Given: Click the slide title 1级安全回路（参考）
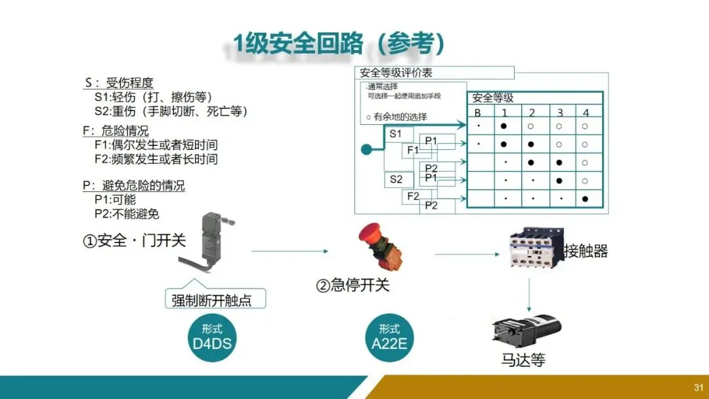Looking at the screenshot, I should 340,44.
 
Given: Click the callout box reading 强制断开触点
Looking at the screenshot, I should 215,300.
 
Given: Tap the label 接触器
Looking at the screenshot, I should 586,251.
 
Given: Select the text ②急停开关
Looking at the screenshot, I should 353,285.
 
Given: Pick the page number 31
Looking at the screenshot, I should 698,387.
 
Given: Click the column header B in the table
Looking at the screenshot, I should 478,112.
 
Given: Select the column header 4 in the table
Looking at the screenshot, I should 586,112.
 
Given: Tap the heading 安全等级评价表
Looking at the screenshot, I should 396,73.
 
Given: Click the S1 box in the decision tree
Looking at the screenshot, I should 397,134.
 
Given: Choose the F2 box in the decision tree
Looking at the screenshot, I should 413,196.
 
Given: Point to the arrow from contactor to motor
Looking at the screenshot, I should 528,293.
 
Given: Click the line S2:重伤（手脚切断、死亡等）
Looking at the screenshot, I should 171,112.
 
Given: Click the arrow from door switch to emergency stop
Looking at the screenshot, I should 289,251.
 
